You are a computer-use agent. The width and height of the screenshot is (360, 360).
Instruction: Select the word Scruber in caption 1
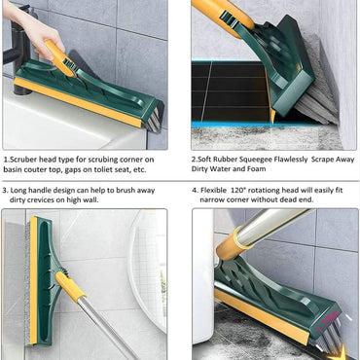[x=23, y=160]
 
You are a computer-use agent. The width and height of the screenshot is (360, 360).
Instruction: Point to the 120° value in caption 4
[x=245, y=190]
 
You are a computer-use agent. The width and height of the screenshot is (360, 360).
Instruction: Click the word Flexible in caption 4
[x=213, y=190]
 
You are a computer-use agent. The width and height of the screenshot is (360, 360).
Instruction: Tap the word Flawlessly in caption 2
[x=291, y=160]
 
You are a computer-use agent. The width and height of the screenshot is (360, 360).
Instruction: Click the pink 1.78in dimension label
[x=328, y=322]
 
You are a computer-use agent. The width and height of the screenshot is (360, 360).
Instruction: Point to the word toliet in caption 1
[x=97, y=169]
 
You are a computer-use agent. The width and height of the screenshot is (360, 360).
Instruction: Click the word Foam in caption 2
[x=257, y=169]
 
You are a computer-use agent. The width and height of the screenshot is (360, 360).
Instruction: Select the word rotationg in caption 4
[x=268, y=191]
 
